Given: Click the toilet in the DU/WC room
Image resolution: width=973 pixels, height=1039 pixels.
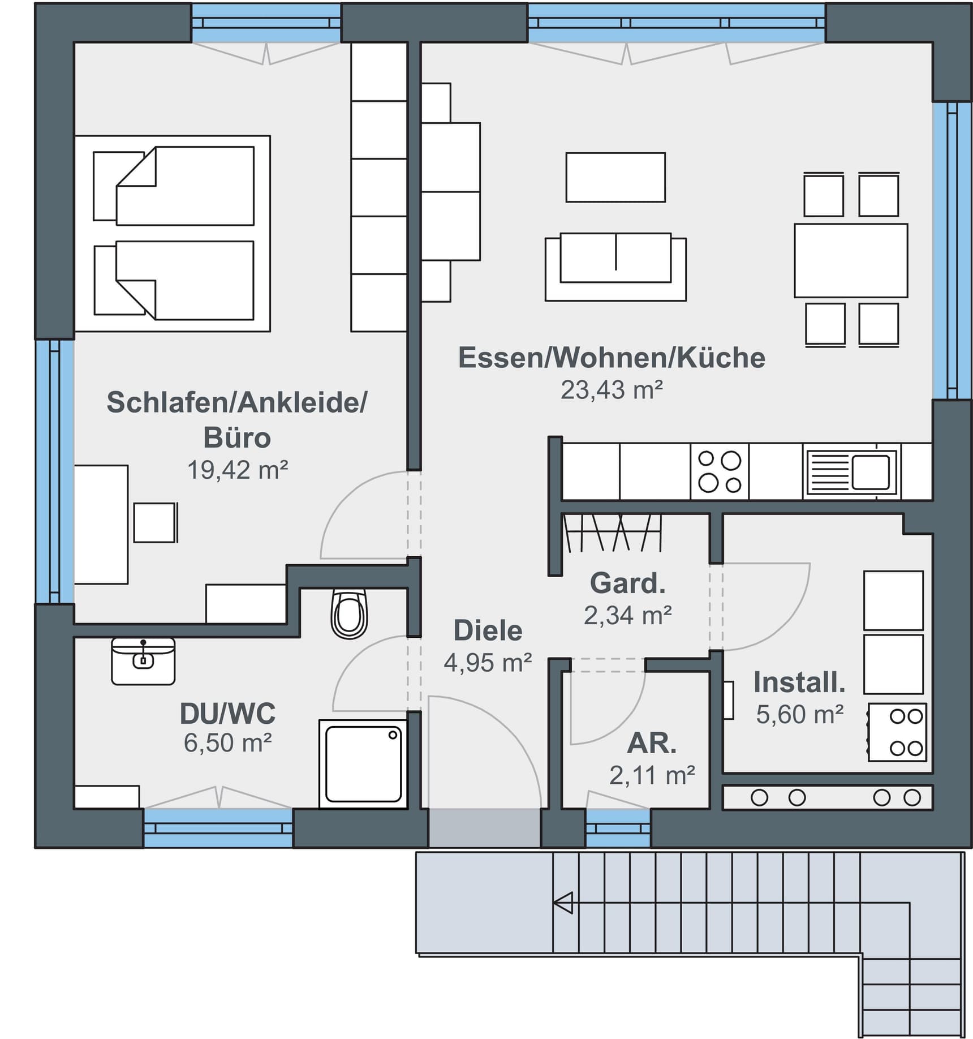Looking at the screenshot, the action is [350, 613].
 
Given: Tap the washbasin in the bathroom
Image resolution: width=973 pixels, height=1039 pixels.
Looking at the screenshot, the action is [143, 662].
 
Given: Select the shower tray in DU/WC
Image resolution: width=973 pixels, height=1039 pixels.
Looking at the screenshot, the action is [363, 764].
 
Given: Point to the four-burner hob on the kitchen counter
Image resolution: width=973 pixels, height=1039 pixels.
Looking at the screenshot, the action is [720, 472].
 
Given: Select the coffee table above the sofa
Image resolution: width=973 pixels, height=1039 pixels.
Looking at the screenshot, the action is [615, 177].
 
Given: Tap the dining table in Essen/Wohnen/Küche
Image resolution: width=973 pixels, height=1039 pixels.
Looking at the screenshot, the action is [851, 260].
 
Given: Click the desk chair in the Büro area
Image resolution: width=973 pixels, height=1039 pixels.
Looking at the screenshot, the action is [156, 522].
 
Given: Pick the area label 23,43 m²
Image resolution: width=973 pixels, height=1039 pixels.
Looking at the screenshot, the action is [612, 390].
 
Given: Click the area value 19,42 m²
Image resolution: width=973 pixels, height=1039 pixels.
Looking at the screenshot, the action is [238, 470].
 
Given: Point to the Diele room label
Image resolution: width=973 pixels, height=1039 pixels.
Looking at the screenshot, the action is [488, 630].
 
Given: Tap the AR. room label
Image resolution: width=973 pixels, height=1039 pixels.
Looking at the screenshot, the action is [652, 744].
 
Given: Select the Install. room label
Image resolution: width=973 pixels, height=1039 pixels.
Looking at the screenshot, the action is [799, 682].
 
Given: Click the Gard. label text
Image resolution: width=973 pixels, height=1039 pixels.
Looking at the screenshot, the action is [627, 583].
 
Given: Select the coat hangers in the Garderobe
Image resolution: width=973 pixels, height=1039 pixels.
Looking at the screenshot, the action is [613, 533].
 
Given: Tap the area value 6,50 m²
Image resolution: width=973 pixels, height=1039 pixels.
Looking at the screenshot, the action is [227, 742].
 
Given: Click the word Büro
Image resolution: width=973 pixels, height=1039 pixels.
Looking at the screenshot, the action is [237, 437].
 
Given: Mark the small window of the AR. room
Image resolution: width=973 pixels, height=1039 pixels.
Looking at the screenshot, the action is [618, 827].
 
